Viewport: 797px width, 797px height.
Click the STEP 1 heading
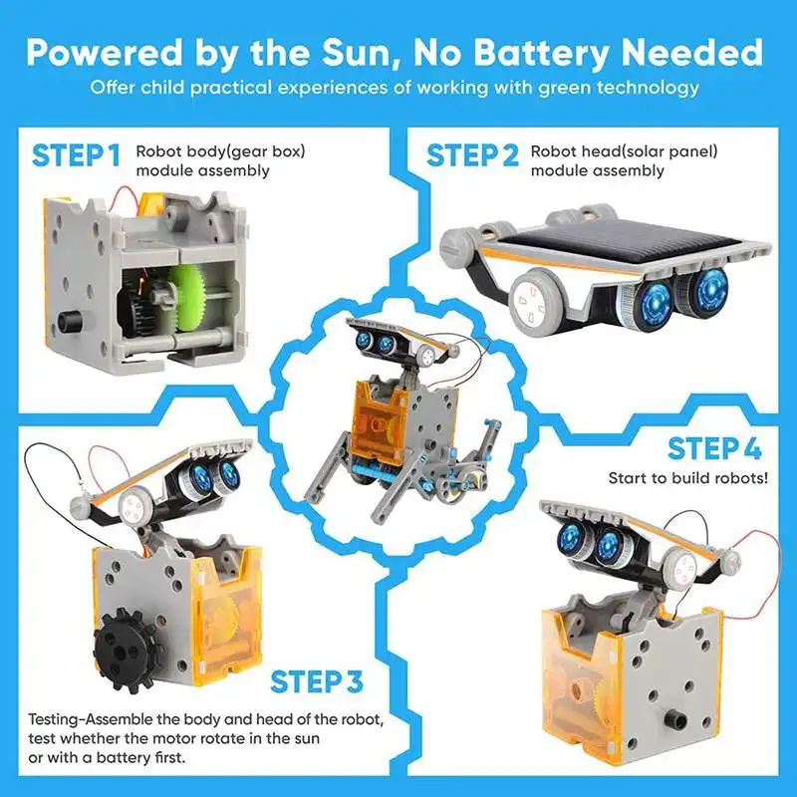click(77, 156)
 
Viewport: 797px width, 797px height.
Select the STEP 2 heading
click(472, 156)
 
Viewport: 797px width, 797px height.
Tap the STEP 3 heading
click(317, 681)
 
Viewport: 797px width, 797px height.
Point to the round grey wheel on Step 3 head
click(129, 505)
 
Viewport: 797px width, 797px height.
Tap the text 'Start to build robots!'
click(688, 478)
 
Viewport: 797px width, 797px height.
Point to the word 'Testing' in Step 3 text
click(55, 719)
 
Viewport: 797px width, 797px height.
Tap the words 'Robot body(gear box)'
click(220, 151)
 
